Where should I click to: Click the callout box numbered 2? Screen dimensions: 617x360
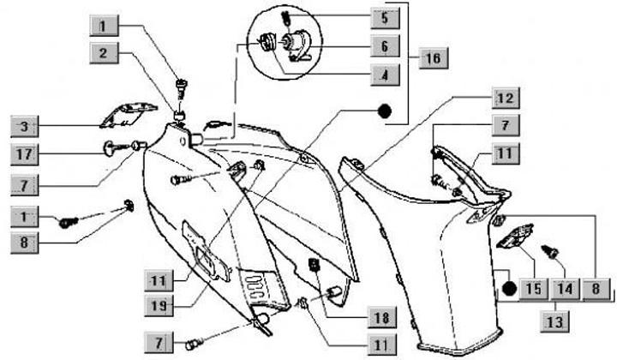(x=104, y=53)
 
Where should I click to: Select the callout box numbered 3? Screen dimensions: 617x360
(x=24, y=126)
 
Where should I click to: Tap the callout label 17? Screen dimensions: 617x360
(x=24, y=154)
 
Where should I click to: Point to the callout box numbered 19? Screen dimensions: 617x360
(x=159, y=305)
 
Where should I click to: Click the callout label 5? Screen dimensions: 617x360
(x=386, y=18)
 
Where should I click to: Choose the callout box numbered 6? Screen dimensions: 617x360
(x=386, y=46)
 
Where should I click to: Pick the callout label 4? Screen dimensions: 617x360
(x=386, y=75)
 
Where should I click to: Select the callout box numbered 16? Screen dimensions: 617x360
(x=434, y=58)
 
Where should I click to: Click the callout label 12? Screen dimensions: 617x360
(x=506, y=98)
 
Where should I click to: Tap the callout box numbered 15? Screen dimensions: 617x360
(x=534, y=289)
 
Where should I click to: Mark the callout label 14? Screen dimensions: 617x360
(x=565, y=289)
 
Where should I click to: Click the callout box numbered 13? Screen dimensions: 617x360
(x=554, y=321)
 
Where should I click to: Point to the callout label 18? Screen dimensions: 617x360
(x=381, y=317)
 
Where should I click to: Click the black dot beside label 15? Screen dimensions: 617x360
(x=510, y=288)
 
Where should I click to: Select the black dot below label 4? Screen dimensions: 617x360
(x=385, y=111)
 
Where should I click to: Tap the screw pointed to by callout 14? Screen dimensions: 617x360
(x=550, y=251)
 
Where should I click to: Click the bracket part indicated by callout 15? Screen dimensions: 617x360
(x=515, y=236)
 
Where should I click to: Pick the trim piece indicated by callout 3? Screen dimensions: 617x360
(x=129, y=115)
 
